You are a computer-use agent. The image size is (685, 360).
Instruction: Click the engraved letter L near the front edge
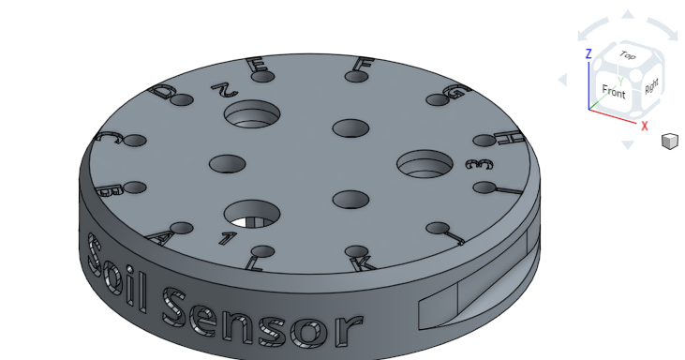(x=254, y=263)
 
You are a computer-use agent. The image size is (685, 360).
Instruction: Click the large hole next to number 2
(x=251, y=114)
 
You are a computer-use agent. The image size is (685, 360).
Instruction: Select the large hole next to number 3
(x=424, y=164)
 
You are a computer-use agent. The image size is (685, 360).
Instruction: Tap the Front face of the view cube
(x=614, y=92)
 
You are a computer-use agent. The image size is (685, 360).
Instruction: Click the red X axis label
(x=645, y=125)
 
